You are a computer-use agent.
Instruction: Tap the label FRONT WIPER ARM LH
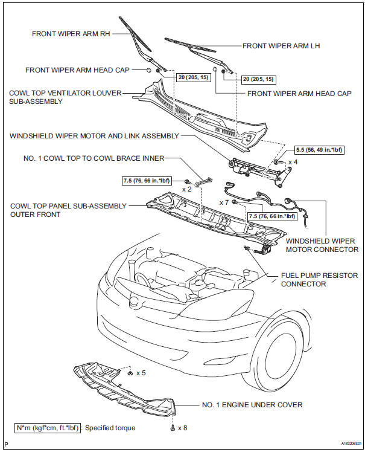pos(281,45)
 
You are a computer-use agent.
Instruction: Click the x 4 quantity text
pos(293,162)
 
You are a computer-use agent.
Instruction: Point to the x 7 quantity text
pos(224,201)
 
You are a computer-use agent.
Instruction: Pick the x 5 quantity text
pos(141,373)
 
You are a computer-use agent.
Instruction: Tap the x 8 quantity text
pos(182,428)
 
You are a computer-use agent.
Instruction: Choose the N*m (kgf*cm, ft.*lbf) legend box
pos(48,428)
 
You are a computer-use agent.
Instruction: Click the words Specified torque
pos(110,428)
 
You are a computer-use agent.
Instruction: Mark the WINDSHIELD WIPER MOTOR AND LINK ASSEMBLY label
pos(94,136)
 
